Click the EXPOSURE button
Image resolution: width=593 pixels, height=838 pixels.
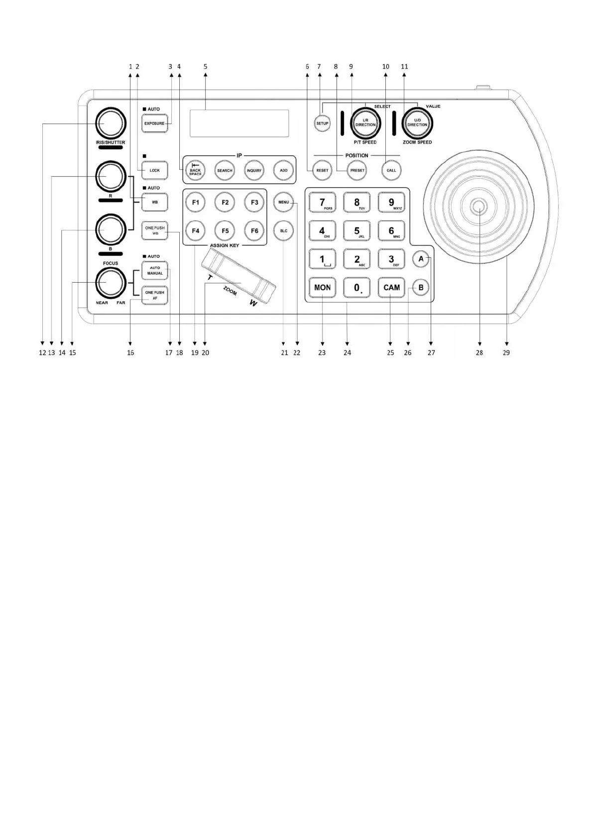[154, 123]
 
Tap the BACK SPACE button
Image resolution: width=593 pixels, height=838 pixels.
[195, 170]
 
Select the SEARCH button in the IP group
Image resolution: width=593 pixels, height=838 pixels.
[225, 170]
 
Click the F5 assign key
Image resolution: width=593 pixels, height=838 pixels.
[225, 230]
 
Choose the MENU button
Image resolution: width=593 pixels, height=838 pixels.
[283, 202]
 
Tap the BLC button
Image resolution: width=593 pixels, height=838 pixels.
[283, 230]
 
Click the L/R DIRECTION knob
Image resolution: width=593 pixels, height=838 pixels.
[365, 123]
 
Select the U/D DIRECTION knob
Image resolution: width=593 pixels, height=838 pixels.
[417, 123]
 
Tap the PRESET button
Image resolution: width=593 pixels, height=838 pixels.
[357, 170]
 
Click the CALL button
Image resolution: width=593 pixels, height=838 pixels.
[391, 170]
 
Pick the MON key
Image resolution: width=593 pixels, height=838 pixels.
[322, 287]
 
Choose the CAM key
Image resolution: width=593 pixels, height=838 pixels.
[391, 287]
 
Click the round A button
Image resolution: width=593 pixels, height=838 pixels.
[421, 259]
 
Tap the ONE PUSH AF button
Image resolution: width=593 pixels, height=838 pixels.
[155, 295]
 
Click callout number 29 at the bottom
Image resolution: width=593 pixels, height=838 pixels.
[506, 352]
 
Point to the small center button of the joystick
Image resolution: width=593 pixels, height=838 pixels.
[479, 206]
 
